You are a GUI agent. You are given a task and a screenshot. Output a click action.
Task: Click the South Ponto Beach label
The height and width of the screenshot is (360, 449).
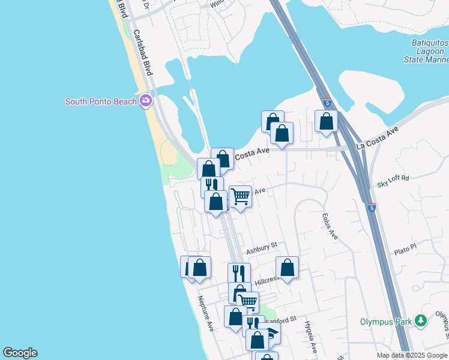(x=101, y=101)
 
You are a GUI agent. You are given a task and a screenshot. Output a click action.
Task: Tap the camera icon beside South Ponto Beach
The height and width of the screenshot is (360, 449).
(x=145, y=101)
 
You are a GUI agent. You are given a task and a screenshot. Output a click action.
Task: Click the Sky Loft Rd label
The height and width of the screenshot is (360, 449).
(x=393, y=178)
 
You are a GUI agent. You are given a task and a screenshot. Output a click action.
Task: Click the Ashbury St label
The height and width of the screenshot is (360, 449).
(x=261, y=246)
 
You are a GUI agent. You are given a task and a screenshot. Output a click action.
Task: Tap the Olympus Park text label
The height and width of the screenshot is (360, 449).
(x=385, y=322)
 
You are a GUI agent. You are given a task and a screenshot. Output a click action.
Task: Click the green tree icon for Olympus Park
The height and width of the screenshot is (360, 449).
(x=422, y=322)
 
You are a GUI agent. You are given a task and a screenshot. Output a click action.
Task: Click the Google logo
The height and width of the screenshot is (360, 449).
(x=20, y=353)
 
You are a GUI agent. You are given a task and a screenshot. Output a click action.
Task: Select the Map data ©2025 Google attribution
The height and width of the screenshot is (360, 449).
(x=412, y=355)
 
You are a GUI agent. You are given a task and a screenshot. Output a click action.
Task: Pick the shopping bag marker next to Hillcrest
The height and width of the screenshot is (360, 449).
(x=288, y=267)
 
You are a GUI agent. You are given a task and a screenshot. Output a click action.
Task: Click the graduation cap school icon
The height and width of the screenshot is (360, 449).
(x=273, y=334)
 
